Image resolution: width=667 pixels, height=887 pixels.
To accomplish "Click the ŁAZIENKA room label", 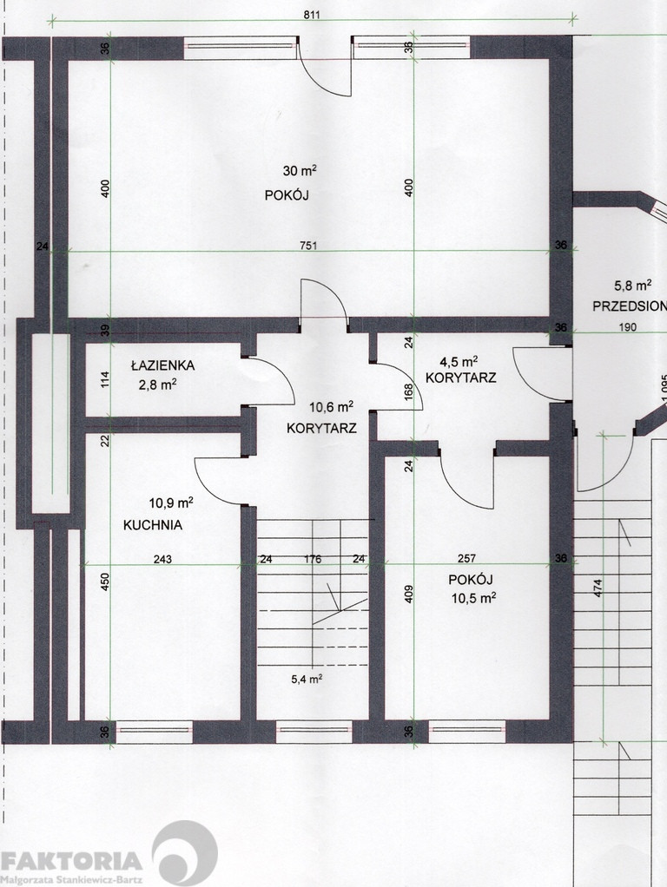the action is tap(162, 365).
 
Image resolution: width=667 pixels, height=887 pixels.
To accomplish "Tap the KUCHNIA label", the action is tap(153, 525).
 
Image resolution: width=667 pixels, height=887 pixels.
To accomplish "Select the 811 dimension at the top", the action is tap(312, 15).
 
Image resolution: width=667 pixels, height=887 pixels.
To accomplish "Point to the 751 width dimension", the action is tap(308, 246).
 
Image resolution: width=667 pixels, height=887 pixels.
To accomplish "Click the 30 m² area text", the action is tap(300, 170).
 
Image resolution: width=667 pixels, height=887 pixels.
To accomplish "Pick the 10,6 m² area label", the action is tap(331, 407).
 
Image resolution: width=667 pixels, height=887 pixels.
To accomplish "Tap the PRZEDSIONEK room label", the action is tap(629, 306).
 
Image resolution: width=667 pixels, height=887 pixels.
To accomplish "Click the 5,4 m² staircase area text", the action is tap(307, 679).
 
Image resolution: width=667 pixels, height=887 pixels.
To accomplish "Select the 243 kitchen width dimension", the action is tap(162, 560).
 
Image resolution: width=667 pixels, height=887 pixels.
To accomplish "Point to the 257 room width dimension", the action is tap(466, 559).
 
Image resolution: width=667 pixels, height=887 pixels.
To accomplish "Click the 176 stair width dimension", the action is tap(313, 560).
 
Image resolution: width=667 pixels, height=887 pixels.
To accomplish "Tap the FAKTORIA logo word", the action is tap(71, 862).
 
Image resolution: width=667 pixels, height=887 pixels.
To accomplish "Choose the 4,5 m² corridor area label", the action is tap(459, 361).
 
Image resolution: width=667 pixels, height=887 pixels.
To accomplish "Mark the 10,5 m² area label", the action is tap(474, 598).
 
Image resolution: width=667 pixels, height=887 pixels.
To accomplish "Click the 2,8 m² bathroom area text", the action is tap(157, 385).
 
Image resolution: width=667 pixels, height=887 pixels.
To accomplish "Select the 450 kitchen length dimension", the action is tap(105, 582).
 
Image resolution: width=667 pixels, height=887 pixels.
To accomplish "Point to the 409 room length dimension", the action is tap(409, 594).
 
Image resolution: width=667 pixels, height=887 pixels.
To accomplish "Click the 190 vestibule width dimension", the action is tap(627, 327).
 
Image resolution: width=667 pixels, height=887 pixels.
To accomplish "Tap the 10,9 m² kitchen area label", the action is tap(171, 503).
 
